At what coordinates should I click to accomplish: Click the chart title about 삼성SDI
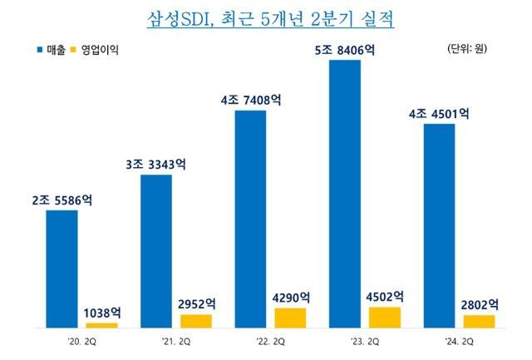point(270,18)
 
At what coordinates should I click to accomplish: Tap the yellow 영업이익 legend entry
point(96,50)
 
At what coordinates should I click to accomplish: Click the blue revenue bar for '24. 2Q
point(439,225)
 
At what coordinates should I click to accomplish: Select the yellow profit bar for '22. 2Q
point(290,318)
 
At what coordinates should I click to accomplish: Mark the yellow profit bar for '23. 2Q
point(384,317)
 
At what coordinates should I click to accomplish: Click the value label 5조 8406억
point(345,50)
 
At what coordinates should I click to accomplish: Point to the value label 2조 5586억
point(62,200)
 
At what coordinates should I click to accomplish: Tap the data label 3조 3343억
point(156,164)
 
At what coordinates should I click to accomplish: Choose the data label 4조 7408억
point(250,100)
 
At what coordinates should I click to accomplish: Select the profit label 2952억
point(196,304)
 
